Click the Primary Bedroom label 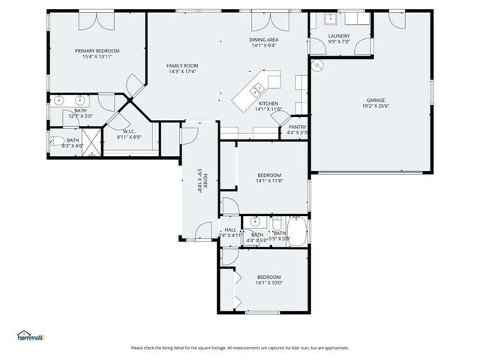97,51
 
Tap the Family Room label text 181,66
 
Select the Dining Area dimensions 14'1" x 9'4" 264,46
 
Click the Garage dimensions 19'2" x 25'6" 376,106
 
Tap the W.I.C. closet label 128,132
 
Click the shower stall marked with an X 91,140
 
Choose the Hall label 230,229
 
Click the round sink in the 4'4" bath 256,221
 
